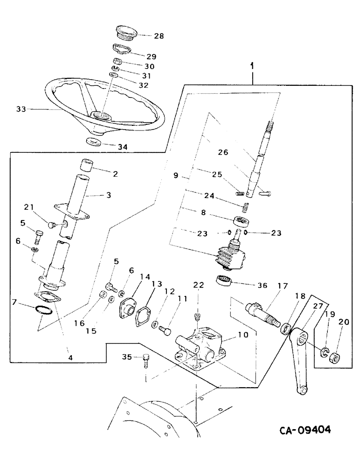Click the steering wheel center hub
click(101, 115)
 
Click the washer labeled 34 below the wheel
click(96, 142)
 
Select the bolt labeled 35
click(146, 360)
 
